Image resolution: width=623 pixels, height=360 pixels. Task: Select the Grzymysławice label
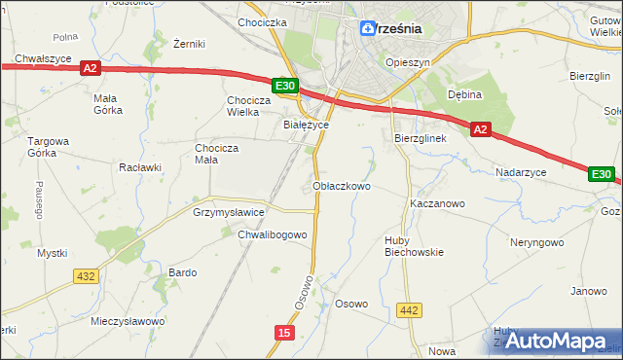click(229, 211)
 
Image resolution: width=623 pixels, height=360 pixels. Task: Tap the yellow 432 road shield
click(86, 276)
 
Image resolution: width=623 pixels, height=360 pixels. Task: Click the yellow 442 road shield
click(410, 310)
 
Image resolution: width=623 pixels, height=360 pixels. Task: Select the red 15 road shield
click(283, 333)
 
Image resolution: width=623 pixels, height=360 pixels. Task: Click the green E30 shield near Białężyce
click(284, 87)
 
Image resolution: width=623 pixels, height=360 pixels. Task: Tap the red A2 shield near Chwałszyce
click(90, 68)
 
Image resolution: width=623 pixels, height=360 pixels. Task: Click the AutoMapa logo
click(554, 340)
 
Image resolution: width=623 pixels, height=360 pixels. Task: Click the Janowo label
click(588, 291)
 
